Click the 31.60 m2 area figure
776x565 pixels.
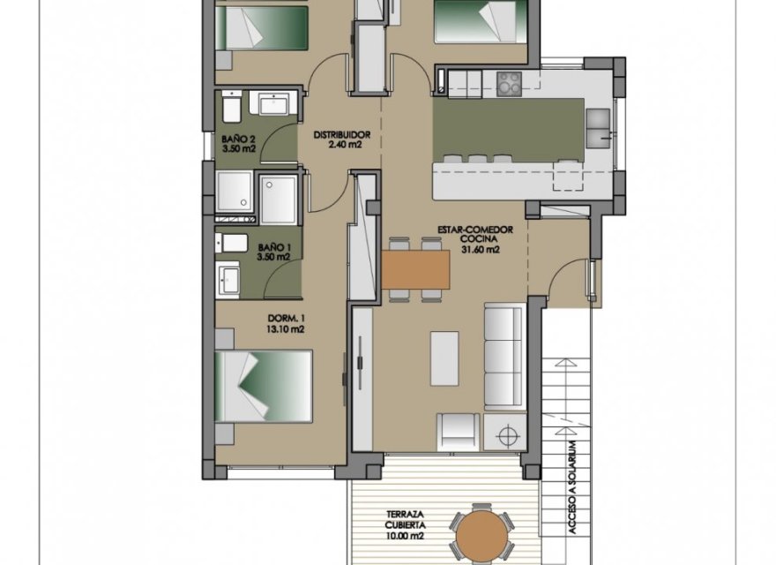(481, 250)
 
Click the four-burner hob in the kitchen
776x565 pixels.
(509, 83)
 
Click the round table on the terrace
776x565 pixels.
(480, 535)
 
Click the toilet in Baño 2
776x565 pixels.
(231, 108)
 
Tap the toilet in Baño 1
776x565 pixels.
(233, 244)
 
